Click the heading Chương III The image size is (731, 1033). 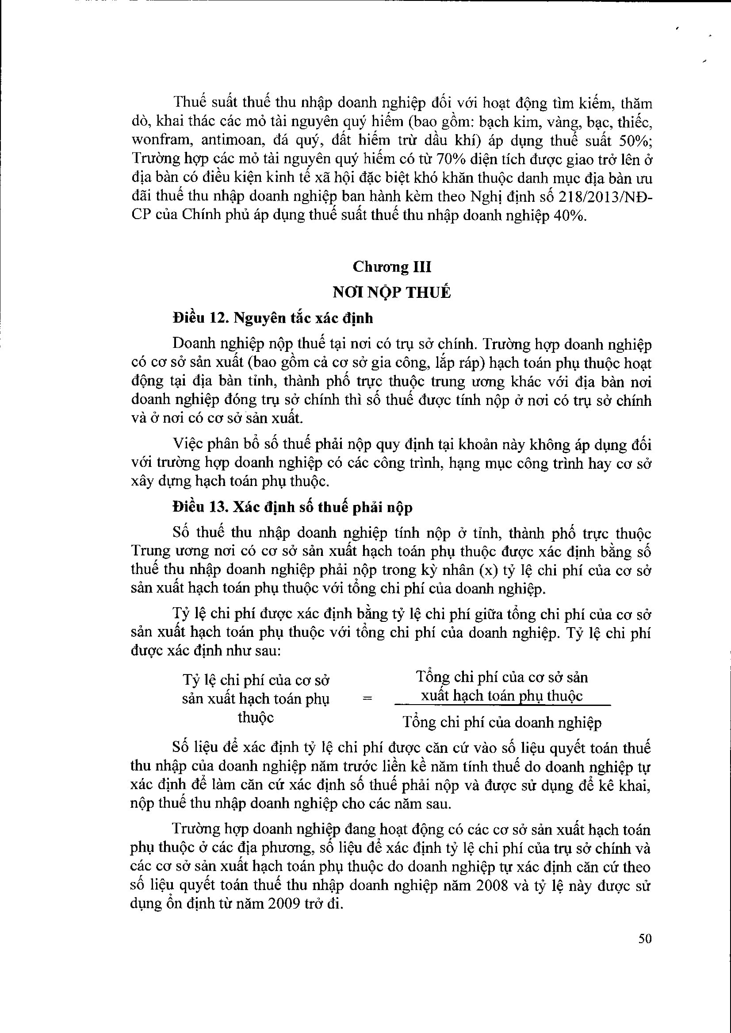click(x=392, y=267)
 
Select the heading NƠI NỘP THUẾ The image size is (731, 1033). click(x=392, y=293)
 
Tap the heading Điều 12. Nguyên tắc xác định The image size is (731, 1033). click(x=273, y=318)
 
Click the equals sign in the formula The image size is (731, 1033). click(x=368, y=699)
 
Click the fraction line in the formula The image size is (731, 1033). click(x=502, y=705)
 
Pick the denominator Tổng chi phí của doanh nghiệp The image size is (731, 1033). click(x=502, y=723)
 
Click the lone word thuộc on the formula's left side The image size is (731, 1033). click(x=256, y=717)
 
